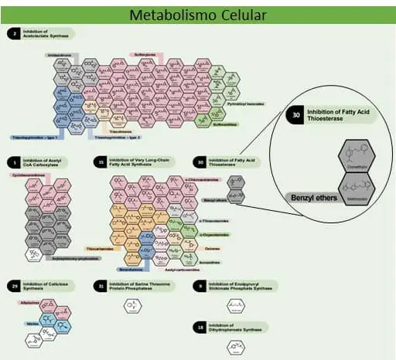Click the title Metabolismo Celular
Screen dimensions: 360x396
click(198, 15)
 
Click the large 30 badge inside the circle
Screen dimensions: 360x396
click(296, 114)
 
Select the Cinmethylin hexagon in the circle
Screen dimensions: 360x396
click(357, 161)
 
